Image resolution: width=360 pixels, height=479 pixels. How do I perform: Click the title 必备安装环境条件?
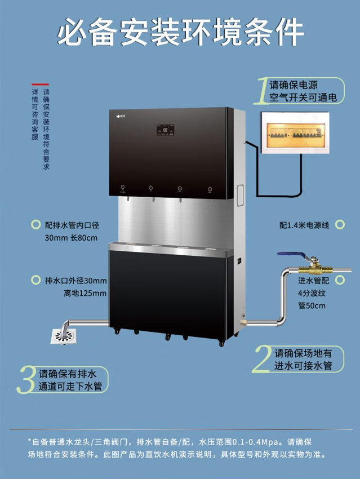180,32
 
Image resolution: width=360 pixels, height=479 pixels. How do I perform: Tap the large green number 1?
261,91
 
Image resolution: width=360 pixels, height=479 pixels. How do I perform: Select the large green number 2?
263,359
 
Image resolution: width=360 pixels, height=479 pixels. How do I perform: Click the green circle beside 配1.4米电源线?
340,224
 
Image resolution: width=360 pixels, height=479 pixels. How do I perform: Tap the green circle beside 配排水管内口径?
35,224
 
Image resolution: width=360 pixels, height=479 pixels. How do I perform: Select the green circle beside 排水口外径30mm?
35,280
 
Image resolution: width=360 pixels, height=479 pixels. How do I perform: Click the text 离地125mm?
85,293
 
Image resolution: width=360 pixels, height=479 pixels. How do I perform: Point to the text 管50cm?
312,305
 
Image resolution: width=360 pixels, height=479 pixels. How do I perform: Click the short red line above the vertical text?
41,85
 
